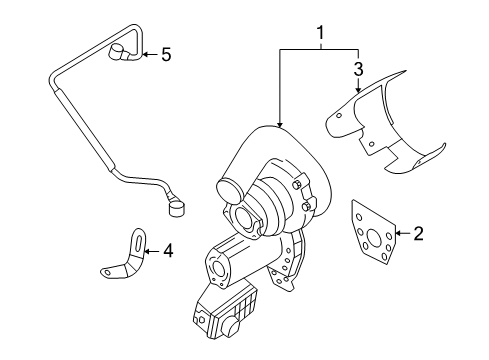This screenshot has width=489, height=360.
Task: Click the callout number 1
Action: [x=320, y=33]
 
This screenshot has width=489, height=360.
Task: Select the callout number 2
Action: [x=418, y=234]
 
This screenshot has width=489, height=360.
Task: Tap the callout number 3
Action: [x=358, y=69]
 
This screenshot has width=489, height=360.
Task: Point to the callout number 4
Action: [x=168, y=251]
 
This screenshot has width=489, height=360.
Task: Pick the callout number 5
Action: [x=166, y=54]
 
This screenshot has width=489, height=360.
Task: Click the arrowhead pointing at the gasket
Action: [x=398, y=233]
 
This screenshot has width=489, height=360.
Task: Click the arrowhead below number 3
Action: [x=358, y=89]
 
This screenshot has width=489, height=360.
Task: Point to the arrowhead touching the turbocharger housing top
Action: [x=280, y=125]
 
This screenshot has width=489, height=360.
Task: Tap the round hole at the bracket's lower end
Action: [x=107, y=273]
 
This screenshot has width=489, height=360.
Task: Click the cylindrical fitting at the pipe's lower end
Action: [x=177, y=209]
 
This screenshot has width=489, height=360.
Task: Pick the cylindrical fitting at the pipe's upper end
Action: [x=116, y=52]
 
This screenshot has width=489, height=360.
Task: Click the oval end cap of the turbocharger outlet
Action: [x=229, y=191]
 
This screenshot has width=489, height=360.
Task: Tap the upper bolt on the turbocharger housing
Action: [x=297, y=185]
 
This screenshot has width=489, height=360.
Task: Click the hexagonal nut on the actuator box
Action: [x=201, y=319]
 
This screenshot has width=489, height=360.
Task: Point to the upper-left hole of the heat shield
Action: [x=339, y=116]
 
